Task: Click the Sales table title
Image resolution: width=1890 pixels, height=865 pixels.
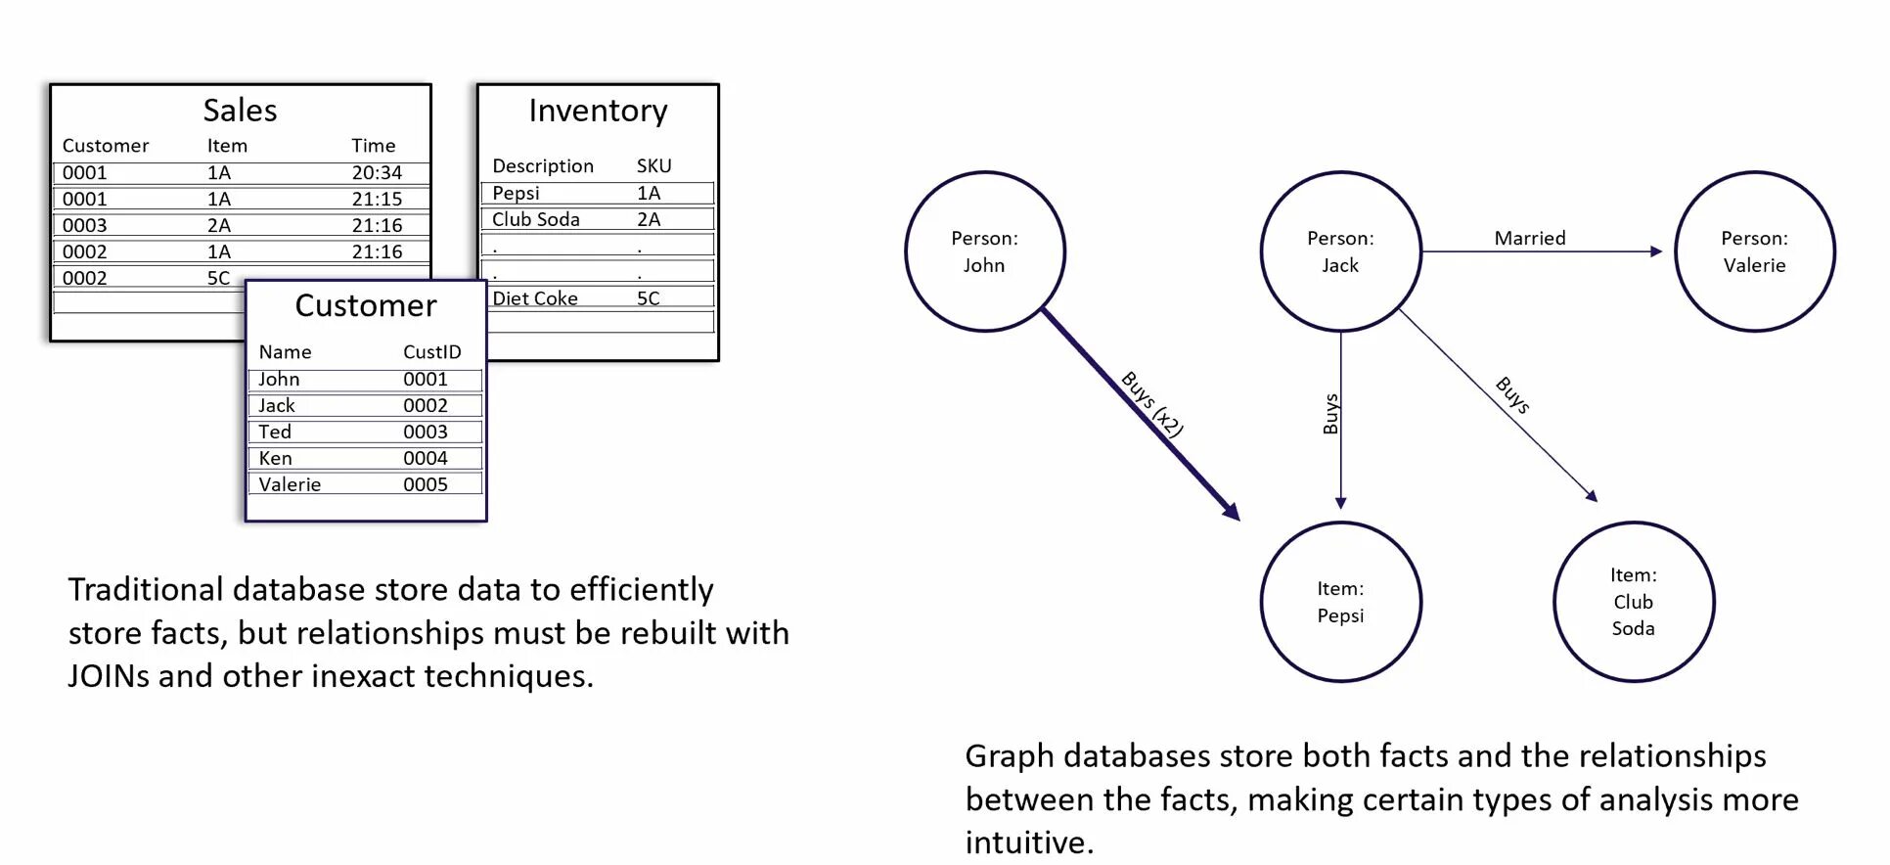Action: point(240,111)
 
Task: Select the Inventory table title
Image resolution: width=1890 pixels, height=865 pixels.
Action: point(598,111)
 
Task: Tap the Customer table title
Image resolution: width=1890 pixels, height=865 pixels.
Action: point(365,306)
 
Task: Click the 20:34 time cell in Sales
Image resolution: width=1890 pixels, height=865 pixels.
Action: point(377,173)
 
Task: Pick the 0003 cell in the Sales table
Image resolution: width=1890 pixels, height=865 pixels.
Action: point(84,225)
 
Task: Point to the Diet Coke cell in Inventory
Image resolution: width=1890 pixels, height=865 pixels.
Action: point(534,298)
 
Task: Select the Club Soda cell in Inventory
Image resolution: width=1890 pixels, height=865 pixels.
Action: point(535,220)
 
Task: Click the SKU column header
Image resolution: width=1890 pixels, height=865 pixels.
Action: point(653,166)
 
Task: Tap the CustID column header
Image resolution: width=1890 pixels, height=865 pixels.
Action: point(431,352)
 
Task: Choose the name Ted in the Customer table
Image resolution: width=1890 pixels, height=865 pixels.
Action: point(275,432)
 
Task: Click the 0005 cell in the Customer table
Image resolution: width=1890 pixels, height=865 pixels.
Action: point(425,484)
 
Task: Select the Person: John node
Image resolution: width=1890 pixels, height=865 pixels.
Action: point(984,251)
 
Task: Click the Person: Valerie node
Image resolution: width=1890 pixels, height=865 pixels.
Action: point(1754,251)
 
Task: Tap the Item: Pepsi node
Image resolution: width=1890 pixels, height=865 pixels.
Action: point(1340,602)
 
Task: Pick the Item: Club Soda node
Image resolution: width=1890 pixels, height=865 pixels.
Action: point(1633,602)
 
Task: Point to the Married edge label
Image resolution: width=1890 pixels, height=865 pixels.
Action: point(1529,238)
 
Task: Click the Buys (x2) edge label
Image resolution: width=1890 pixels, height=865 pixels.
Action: point(1152,403)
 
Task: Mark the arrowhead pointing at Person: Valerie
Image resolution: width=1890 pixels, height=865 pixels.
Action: point(1655,251)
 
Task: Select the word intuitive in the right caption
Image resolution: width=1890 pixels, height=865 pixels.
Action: point(1027,842)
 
